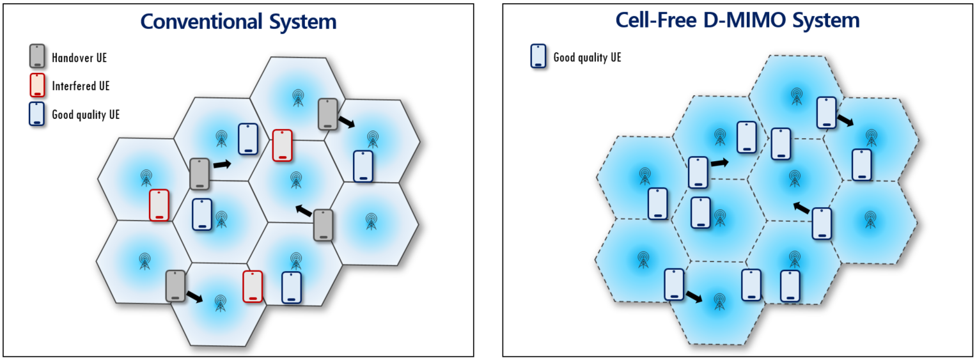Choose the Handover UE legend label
coord(79,58)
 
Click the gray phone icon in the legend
coord(38,56)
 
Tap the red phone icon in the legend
coord(38,85)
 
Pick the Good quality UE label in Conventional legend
coord(86,115)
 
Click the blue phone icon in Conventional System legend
coord(38,114)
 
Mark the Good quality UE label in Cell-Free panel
coord(586,58)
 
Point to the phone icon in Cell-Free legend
coord(538,56)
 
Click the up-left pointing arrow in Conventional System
coord(304,210)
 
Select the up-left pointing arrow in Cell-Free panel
coord(802,207)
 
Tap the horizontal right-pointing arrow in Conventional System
coord(222,165)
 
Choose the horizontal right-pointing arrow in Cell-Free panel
coord(720,163)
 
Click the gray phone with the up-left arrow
coord(324,225)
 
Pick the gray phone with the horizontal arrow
coord(200,173)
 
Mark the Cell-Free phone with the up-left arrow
coord(822,223)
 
